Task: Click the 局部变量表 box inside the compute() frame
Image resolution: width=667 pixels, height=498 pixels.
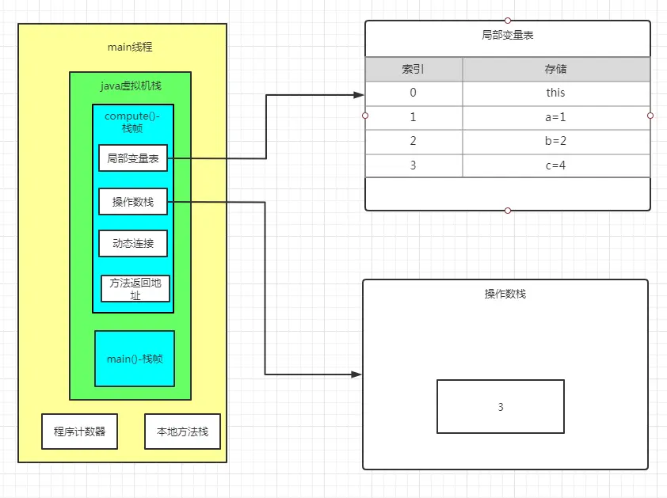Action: [x=133, y=158]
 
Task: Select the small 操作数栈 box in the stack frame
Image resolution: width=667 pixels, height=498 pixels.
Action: [x=133, y=202]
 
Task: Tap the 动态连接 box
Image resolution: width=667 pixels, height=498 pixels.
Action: [x=133, y=243]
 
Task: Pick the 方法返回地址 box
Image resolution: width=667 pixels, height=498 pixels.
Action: [x=135, y=288]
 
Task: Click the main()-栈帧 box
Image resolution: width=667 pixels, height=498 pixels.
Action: [x=135, y=359]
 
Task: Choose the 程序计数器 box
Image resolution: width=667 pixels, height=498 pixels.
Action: [x=79, y=431]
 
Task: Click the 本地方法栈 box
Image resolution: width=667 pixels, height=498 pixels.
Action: [x=182, y=431]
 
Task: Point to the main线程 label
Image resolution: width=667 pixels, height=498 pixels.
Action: [x=130, y=47]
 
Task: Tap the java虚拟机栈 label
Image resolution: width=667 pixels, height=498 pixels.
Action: [x=130, y=86]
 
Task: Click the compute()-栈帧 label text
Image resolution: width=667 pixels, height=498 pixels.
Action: [x=132, y=122]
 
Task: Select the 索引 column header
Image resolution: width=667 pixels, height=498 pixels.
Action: [x=413, y=69]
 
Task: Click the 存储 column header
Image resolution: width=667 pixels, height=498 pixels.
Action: [x=555, y=69]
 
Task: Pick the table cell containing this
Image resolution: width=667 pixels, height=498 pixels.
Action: [x=555, y=93]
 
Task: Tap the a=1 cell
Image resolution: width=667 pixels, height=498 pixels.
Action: [x=555, y=117]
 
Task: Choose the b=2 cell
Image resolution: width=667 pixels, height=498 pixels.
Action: [x=555, y=142]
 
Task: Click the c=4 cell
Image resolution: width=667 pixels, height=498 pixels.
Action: [x=555, y=165]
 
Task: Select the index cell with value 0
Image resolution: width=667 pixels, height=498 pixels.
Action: [x=413, y=93]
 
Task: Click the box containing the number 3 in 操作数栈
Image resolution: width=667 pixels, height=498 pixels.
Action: [x=500, y=407]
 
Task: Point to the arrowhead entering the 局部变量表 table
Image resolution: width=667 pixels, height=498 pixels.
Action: [x=359, y=95]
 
